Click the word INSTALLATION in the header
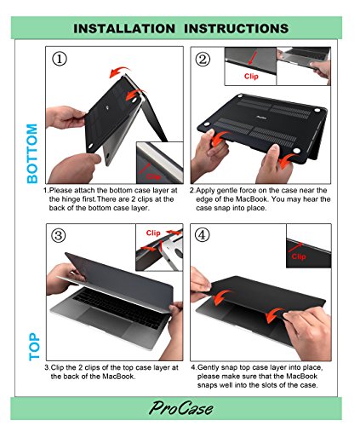coord(124,29)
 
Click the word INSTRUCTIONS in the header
coord(237,29)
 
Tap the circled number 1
coord(60,59)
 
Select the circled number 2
coord(203,60)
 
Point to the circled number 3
coord(59,235)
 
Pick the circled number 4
coord(202,235)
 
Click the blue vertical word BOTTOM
coord(32,153)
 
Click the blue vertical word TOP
coord(34,347)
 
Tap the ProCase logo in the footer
coord(180,408)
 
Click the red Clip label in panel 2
coord(251,77)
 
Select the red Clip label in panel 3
coord(153,233)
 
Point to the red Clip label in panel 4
coord(299,256)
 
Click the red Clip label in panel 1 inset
coord(153,176)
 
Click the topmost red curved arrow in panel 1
coord(120,72)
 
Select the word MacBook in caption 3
coord(117,377)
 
